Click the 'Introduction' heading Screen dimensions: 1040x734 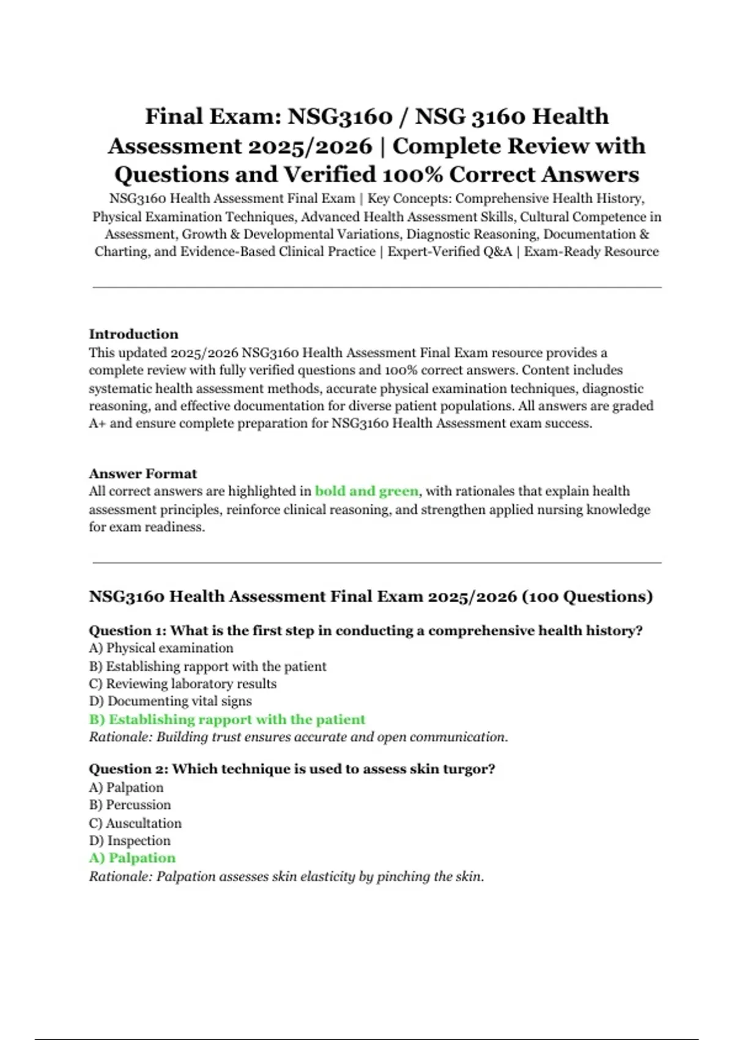(133, 334)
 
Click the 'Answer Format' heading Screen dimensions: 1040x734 (143, 474)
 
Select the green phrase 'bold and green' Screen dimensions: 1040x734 (366, 491)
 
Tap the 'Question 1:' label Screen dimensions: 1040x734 (127, 631)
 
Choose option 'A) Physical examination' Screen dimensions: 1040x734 (161, 648)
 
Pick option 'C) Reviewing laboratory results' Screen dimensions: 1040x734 (182, 684)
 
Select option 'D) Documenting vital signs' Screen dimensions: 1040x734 (170, 701)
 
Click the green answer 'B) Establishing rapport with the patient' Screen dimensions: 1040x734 (227, 719)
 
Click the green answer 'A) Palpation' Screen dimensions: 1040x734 (132, 858)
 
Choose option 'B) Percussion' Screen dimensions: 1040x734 (130, 805)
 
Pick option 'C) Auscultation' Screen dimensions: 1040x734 (135, 823)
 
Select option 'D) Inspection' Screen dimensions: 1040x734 (130, 841)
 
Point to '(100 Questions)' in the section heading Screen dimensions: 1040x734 (587, 596)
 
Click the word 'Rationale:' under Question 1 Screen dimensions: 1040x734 (120, 737)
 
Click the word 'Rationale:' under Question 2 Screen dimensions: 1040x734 (120, 877)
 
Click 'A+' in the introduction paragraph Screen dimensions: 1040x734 (97, 423)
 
